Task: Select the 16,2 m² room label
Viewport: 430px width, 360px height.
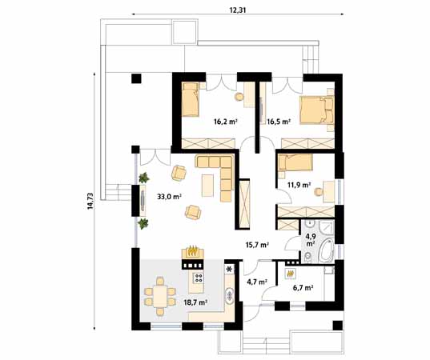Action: click(x=226, y=122)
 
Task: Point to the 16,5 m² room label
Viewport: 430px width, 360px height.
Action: click(x=278, y=122)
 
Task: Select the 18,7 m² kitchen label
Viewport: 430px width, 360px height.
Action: click(x=196, y=303)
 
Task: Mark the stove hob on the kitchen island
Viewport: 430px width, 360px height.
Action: click(x=195, y=278)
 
